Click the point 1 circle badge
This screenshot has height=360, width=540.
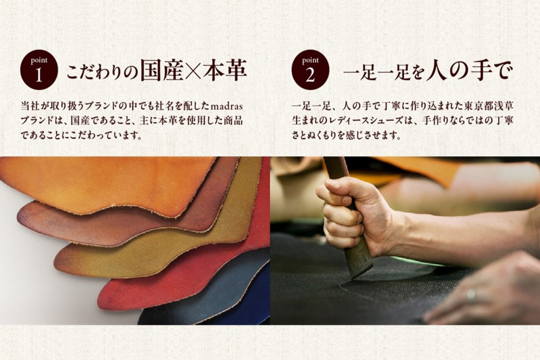pyautogui.click(x=39, y=70)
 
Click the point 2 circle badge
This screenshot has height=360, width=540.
pyautogui.click(x=310, y=70)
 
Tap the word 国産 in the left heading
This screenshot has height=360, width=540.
pyautogui.click(x=162, y=70)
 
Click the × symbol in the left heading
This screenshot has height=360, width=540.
pyautogui.click(x=193, y=71)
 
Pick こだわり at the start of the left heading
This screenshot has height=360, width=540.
pyautogui.click(x=97, y=72)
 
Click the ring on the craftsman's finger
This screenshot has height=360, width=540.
pyautogui.click(x=471, y=295)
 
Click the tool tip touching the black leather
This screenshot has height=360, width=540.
pyautogui.click(x=354, y=278)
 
